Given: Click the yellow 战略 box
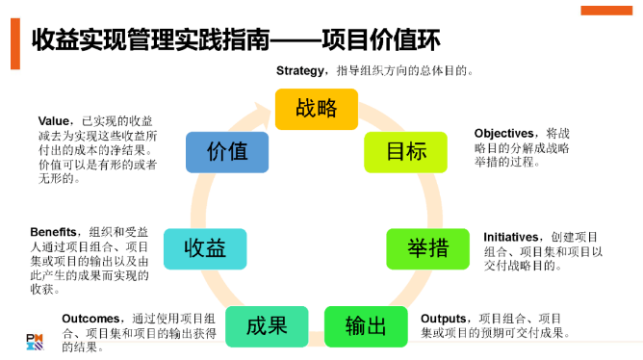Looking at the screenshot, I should coord(316,109).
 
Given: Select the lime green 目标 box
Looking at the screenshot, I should coord(405,152).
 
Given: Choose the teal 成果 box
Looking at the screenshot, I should coord(267,325).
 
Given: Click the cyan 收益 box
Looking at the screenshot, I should coord(205,248).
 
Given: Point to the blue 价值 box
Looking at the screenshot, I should coord(227,152).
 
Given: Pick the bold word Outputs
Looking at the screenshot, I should coord(445,319).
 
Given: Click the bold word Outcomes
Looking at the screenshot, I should coord(91,319).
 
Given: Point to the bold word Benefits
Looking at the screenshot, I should coord(59,232).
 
